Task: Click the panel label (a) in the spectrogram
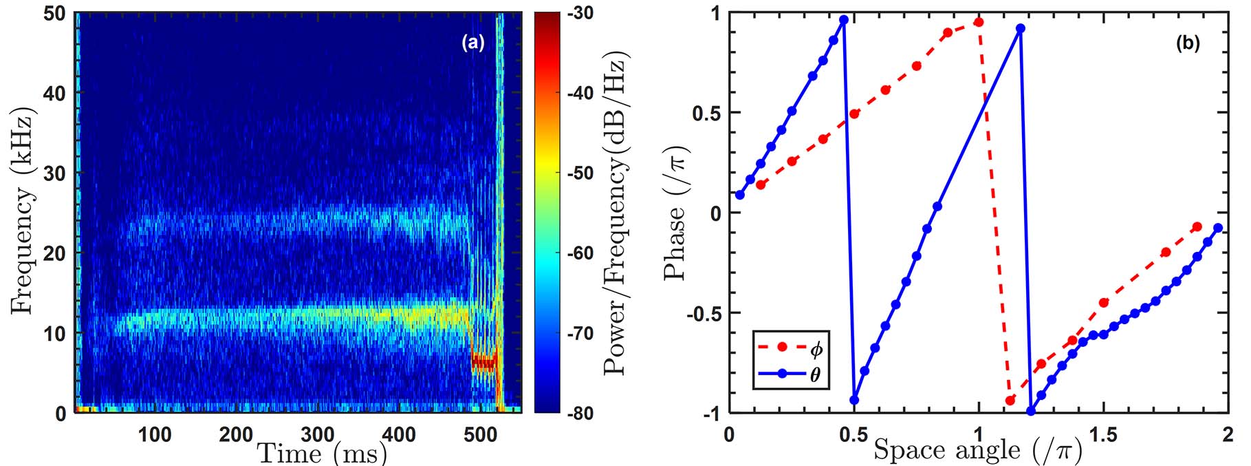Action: click(472, 43)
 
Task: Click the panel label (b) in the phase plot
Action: click(1188, 43)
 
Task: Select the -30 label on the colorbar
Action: click(580, 14)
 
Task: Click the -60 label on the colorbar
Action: click(580, 253)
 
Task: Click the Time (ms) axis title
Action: click(322, 453)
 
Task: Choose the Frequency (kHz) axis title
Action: click(22, 211)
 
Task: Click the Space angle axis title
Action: click(978, 450)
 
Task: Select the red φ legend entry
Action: click(791, 350)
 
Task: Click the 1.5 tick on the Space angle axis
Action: click(1103, 435)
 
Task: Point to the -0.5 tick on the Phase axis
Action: click(703, 313)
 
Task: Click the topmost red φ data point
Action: click(979, 23)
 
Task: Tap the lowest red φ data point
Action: click(1010, 400)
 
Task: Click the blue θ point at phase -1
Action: click(1030, 412)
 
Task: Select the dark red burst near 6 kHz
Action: click(483, 362)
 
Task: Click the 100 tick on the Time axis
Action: click(155, 435)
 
